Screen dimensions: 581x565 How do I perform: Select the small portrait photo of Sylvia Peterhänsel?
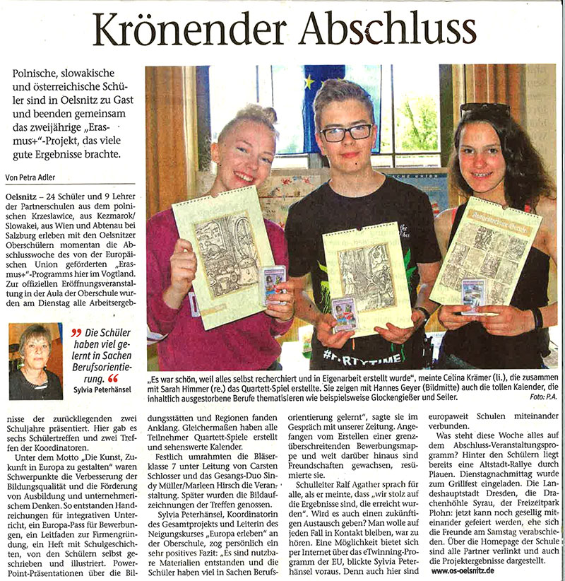pos(35,361)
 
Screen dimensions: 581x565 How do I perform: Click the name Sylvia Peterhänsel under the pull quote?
pos(103,389)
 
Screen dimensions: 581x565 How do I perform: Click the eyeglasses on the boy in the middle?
pos(346,132)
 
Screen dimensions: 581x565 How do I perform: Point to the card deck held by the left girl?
pos(272,284)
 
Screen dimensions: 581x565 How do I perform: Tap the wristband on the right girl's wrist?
pos(537,317)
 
